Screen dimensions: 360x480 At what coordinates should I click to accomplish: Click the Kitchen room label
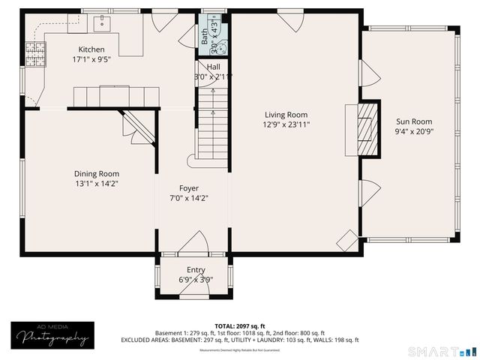tap(88, 49)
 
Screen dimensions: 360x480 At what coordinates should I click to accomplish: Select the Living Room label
tap(286, 115)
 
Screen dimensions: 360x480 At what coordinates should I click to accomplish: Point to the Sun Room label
tap(414, 121)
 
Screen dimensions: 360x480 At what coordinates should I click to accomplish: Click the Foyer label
tap(189, 188)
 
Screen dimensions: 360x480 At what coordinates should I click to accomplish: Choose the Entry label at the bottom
tap(196, 270)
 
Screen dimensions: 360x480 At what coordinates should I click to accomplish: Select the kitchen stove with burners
tap(34, 52)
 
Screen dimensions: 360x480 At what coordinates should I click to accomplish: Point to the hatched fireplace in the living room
tap(364, 130)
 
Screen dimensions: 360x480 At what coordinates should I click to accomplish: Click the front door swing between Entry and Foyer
tap(196, 244)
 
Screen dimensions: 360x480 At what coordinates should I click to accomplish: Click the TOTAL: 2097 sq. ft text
tap(239, 325)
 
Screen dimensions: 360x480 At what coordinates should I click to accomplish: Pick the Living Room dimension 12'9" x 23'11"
tap(286, 124)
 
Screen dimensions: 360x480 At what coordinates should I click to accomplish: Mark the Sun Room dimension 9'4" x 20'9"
tap(414, 131)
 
